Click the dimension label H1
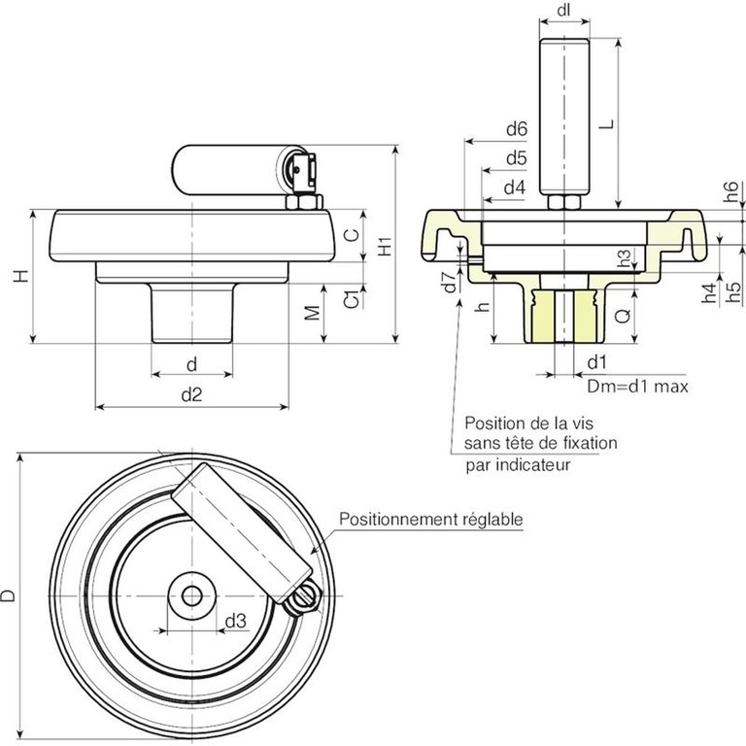tap(386, 247)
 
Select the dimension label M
tap(312, 313)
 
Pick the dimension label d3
tap(235, 621)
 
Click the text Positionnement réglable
tap(431, 520)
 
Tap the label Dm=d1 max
tap(637, 387)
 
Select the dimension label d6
tap(515, 129)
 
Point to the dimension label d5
tap(515, 157)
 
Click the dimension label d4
tap(515, 186)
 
